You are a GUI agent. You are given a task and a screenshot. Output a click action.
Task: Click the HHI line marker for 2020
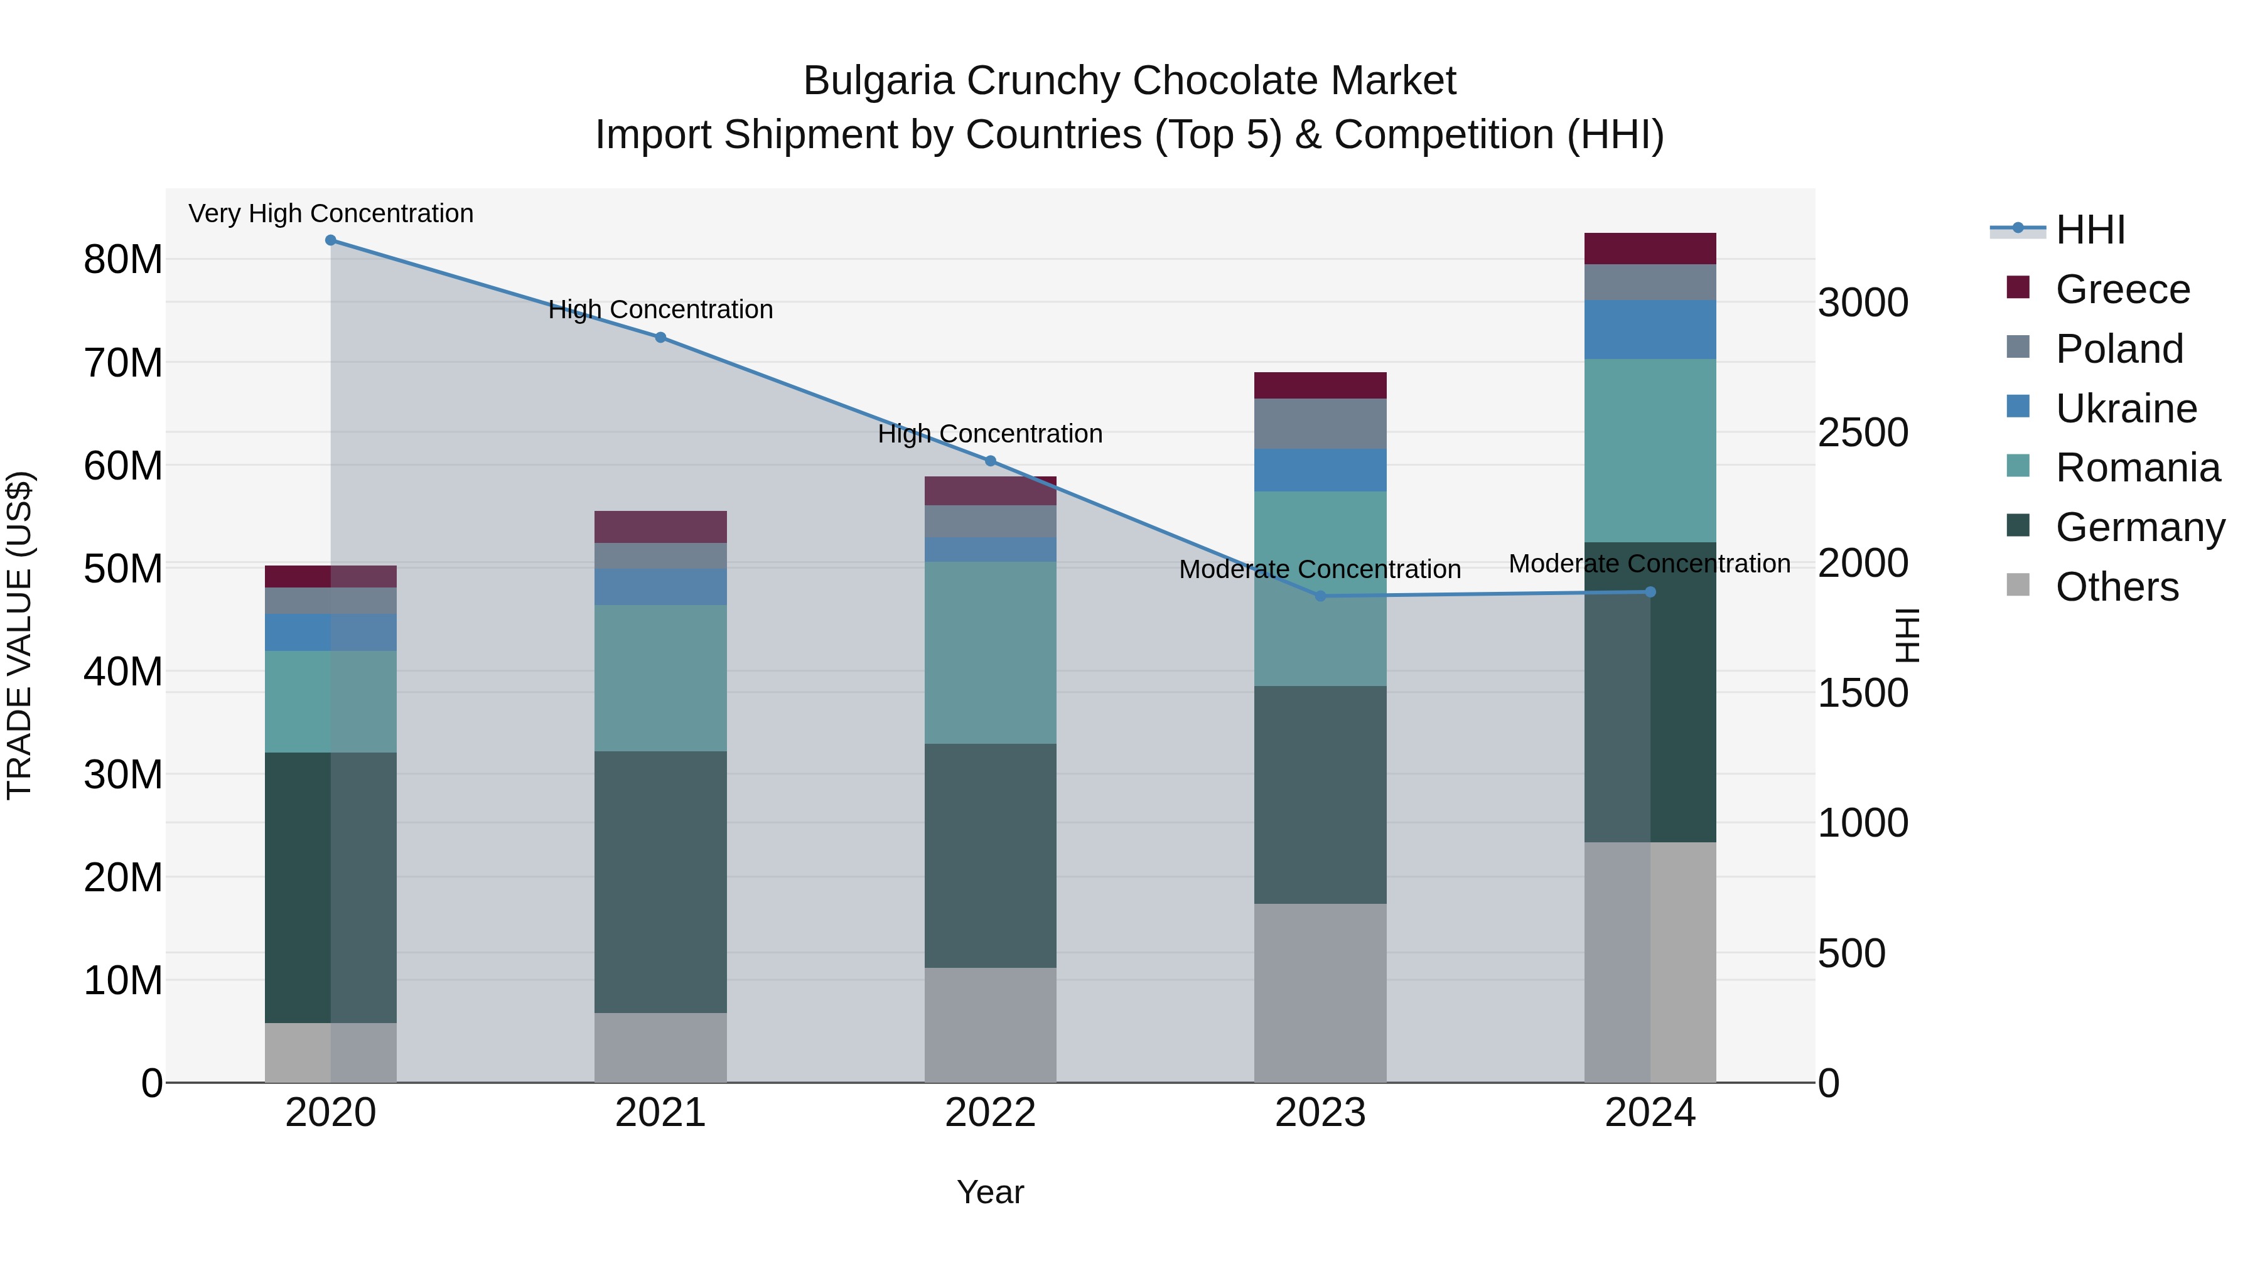point(331,240)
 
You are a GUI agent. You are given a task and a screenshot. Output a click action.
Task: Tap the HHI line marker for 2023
point(1320,596)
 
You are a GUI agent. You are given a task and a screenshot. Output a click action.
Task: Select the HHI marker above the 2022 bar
point(991,461)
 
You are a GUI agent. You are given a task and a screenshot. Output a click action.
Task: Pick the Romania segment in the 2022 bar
point(991,653)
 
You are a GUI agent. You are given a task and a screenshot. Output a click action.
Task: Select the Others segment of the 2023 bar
point(1320,993)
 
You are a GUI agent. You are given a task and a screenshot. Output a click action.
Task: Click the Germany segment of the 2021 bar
point(660,882)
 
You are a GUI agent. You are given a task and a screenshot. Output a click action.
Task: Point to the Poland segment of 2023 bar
point(1320,424)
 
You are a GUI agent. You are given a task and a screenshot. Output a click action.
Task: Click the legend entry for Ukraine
point(2125,409)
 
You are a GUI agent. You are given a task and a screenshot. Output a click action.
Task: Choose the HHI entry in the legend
point(2090,230)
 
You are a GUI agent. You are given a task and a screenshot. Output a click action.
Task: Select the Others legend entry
point(2116,587)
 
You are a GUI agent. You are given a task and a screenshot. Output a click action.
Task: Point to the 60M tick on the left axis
point(123,466)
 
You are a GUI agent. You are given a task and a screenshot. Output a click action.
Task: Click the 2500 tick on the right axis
point(1863,432)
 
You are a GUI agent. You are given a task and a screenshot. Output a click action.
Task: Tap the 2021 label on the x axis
point(660,1113)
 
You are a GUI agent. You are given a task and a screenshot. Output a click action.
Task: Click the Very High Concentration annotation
point(331,213)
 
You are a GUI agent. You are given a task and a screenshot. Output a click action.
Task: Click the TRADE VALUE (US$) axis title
point(19,635)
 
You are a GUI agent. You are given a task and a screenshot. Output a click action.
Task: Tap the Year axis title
point(991,1192)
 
